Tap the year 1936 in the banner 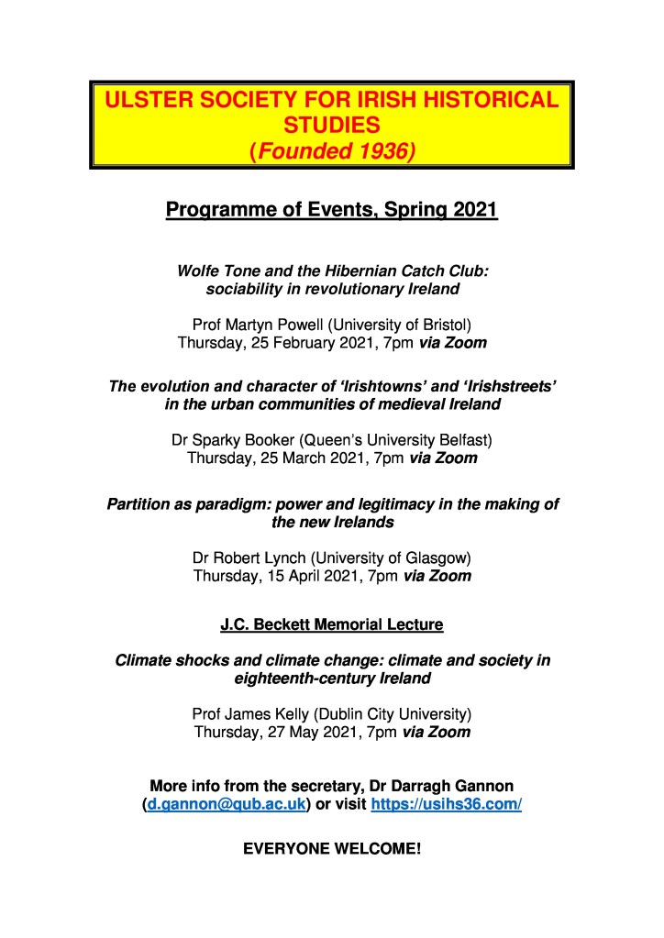378,149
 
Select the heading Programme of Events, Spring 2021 331,211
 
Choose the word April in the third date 292,576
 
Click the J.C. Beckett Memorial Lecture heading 331,625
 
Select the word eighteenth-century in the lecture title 299,679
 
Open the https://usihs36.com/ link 446,804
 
